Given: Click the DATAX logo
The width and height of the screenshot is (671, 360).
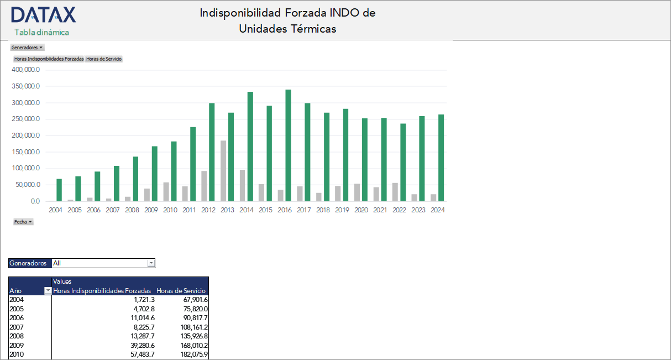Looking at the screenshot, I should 44,15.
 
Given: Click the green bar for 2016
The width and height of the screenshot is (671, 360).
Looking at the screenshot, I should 289,145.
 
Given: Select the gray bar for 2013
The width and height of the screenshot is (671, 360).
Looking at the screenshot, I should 223,171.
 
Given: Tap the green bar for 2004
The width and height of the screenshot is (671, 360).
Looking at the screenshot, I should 59,190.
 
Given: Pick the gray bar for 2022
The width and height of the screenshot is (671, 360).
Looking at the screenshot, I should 395,192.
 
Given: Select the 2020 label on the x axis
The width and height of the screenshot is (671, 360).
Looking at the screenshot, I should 361,210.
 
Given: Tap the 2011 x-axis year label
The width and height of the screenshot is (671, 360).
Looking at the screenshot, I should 189,210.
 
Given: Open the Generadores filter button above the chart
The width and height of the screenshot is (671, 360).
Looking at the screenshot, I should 27,48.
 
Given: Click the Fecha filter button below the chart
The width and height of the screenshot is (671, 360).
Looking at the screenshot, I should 23,222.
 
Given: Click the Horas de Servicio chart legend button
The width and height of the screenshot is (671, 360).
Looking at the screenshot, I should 104,59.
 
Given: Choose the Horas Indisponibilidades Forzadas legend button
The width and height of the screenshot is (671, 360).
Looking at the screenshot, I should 49,59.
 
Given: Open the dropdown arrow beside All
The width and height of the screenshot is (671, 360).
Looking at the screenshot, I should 151,263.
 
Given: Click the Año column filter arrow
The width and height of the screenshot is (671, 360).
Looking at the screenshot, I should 48,291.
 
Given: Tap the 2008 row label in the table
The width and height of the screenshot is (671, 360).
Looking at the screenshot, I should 17,336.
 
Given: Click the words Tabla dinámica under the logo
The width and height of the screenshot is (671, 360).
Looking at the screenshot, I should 42,32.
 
